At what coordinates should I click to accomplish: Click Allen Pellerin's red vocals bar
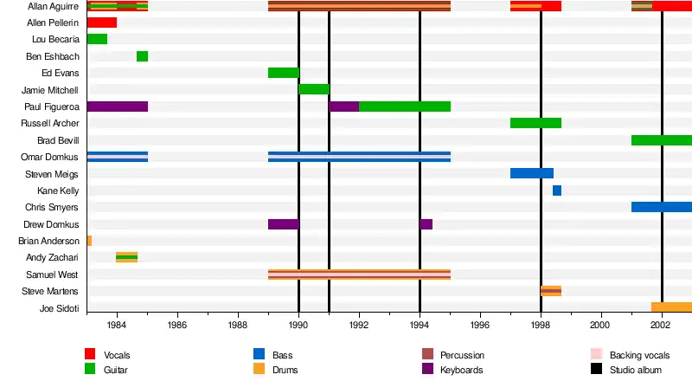pyautogui.click(x=102, y=23)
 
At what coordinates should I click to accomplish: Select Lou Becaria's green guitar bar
pyautogui.click(x=97, y=39)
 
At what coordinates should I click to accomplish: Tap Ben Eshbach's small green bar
pyautogui.click(x=142, y=56)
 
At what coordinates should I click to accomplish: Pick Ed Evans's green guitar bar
pyautogui.click(x=283, y=73)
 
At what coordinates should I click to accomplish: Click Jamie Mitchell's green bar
pyautogui.click(x=313, y=89)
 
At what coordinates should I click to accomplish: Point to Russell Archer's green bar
pyautogui.click(x=535, y=123)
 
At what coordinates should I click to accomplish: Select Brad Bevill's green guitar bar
pyautogui.click(x=661, y=140)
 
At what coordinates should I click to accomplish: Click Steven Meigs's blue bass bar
pyautogui.click(x=531, y=173)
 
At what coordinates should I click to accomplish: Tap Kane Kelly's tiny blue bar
pyautogui.click(x=556, y=190)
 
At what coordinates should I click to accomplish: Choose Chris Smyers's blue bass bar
pyautogui.click(x=661, y=207)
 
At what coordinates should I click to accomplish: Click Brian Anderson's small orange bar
pyautogui.click(x=89, y=241)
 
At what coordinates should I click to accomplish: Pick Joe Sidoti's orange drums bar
pyautogui.click(x=670, y=307)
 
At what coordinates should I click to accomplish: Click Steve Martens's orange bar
pyautogui.click(x=551, y=291)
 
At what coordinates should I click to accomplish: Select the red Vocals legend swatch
pyautogui.click(x=90, y=354)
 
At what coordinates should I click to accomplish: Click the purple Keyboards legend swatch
pyautogui.click(x=427, y=369)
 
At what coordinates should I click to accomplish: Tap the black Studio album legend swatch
pyautogui.click(x=596, y=369)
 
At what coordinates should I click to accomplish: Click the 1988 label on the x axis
pyautogui.click(x=238, y=326)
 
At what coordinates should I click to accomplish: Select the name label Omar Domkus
pyautogui.click(x=49, y=157)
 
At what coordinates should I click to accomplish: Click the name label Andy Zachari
pyautogui.click(x=53, y=257)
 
